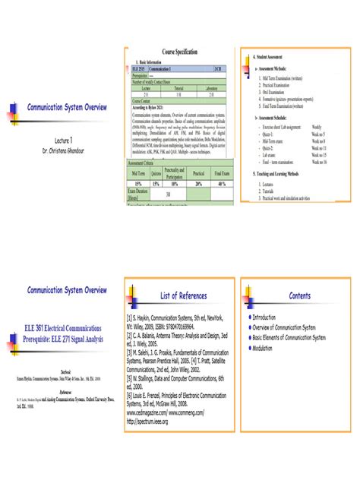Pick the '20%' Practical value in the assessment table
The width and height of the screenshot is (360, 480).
pos(200,183)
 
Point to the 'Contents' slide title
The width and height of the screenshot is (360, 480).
pos(299,295)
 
